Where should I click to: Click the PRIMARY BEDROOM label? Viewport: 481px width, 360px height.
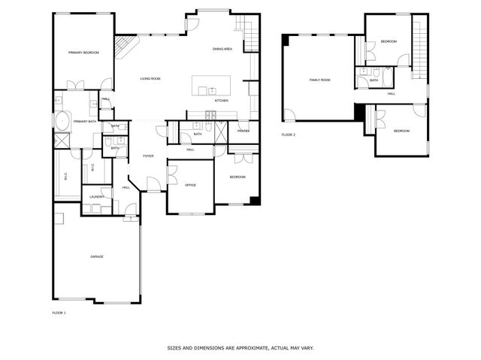point(83,53)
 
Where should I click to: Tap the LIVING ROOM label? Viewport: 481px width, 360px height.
point(150,78)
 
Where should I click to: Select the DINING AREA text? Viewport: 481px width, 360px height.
point(222,49)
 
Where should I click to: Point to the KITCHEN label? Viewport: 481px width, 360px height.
point(222,101)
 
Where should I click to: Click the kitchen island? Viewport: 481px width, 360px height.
point(211,85)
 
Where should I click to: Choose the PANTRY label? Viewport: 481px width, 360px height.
point(243,132)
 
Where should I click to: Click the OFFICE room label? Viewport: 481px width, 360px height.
point(190,184)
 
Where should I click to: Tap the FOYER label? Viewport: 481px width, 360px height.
point(149,156)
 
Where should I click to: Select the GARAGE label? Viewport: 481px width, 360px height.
point(97,256)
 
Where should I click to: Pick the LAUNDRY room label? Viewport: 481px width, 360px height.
point(96,197)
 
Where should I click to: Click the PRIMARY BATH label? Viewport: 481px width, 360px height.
point(85,121)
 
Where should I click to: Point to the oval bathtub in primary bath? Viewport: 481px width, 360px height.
point(60,120)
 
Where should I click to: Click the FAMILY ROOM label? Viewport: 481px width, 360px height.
point(320,80)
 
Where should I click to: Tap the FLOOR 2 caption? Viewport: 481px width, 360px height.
point(289,135)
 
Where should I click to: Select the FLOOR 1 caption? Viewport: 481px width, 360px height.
point(59,312)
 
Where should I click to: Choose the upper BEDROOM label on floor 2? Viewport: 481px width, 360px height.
point(389,41)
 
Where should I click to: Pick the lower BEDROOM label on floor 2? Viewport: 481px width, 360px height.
point(402,132)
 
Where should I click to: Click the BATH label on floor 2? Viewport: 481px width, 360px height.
point(374,80)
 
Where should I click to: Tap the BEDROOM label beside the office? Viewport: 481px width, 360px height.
point(237,177)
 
